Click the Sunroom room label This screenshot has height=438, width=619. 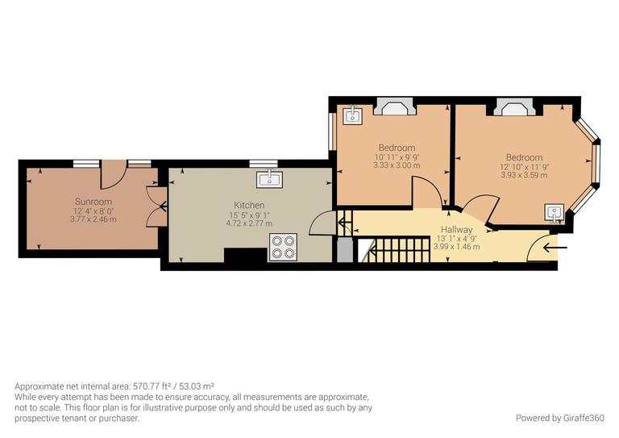coord(93,201)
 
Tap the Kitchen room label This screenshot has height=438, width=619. coord(249,204)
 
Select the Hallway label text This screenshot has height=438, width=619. coord(456,230)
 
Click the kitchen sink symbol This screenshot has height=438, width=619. coord(268,179)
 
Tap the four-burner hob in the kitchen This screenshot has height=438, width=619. coord(284,246)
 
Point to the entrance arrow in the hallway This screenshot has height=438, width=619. coord(556,247)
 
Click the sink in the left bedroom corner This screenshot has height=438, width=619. coord(352,116)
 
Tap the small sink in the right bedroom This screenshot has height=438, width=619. coord(555,213)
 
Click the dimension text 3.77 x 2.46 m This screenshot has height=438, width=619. coord(93,219)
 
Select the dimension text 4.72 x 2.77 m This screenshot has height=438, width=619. coord(249,223)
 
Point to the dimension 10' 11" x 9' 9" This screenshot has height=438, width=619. coord(397,156)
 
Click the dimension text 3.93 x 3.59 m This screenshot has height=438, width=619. coord(524,175)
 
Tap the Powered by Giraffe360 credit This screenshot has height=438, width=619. coord(559,418)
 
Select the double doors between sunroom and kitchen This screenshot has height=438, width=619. coord(155,206)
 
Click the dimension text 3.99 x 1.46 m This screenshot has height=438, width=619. coord(456,247)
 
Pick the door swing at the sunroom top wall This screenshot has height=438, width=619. coord(114,174)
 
